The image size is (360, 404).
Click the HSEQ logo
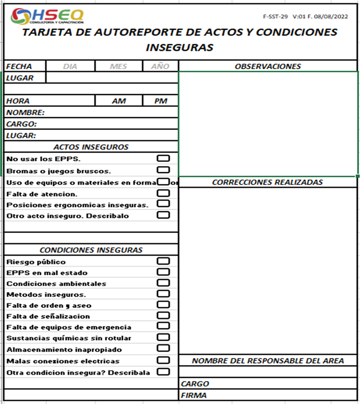(47, 16)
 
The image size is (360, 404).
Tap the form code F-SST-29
(275, 17)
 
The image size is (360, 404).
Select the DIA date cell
(70, 66)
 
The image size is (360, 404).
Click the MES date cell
(118, 66)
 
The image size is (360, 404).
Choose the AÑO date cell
(160, 66)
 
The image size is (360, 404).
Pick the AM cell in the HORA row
(119, 101)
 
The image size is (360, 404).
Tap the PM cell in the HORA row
(161, 101)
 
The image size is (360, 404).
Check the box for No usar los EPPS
(163, 159)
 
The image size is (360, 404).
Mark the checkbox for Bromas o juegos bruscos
(163, 170)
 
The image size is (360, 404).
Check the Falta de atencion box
(163, 193)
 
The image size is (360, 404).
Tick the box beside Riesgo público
(163, 262)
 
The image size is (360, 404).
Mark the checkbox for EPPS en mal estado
(163, 272)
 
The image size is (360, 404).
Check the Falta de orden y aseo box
(163, 305)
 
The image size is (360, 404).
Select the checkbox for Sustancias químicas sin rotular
(163, 337)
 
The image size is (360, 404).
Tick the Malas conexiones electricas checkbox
(163, 360)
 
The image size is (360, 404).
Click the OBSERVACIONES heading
(268, 66)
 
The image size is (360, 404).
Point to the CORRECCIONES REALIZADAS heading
(267, 182)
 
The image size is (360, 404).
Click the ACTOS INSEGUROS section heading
(91, 147)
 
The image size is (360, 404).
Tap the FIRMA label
(194, 395)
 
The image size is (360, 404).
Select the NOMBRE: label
(25, 113)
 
